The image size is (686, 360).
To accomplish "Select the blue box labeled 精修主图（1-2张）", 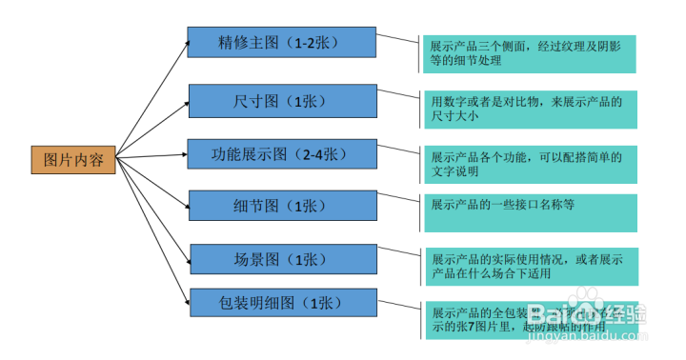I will (282, 43).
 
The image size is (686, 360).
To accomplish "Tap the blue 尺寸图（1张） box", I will (282, 99).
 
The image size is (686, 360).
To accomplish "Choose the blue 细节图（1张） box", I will (282, 206).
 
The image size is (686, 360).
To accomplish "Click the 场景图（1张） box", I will (282, 259).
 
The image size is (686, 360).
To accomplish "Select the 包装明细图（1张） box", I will (282, 303).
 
